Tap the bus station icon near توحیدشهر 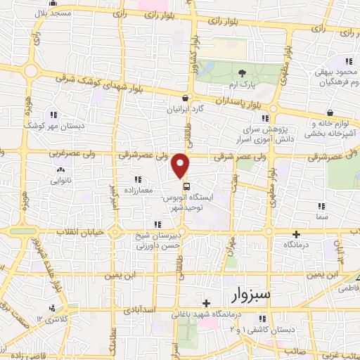tap(186, 187)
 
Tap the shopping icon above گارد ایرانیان tap(185, 98)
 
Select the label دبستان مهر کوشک tap(52, 124)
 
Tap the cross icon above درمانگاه tap(296, 234)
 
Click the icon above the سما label tap(322, 206)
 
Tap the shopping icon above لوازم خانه tap(329, 112)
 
